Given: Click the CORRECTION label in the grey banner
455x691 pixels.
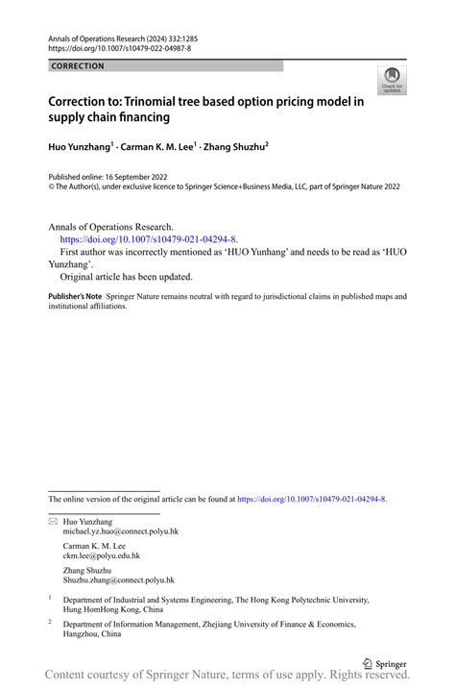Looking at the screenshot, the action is (78, 66).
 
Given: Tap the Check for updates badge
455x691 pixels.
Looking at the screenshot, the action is (392, 82).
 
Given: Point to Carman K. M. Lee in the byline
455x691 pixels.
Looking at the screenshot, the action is (157, 147).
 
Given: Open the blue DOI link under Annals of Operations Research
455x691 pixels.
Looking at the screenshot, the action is (149, 239).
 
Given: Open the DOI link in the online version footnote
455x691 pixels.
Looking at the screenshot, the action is (312, 499).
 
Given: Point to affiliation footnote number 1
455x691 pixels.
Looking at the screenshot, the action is (51, 598).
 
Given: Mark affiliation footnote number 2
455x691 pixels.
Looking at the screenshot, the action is (51, 623).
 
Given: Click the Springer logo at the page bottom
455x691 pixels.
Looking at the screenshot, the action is (385, 663).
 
